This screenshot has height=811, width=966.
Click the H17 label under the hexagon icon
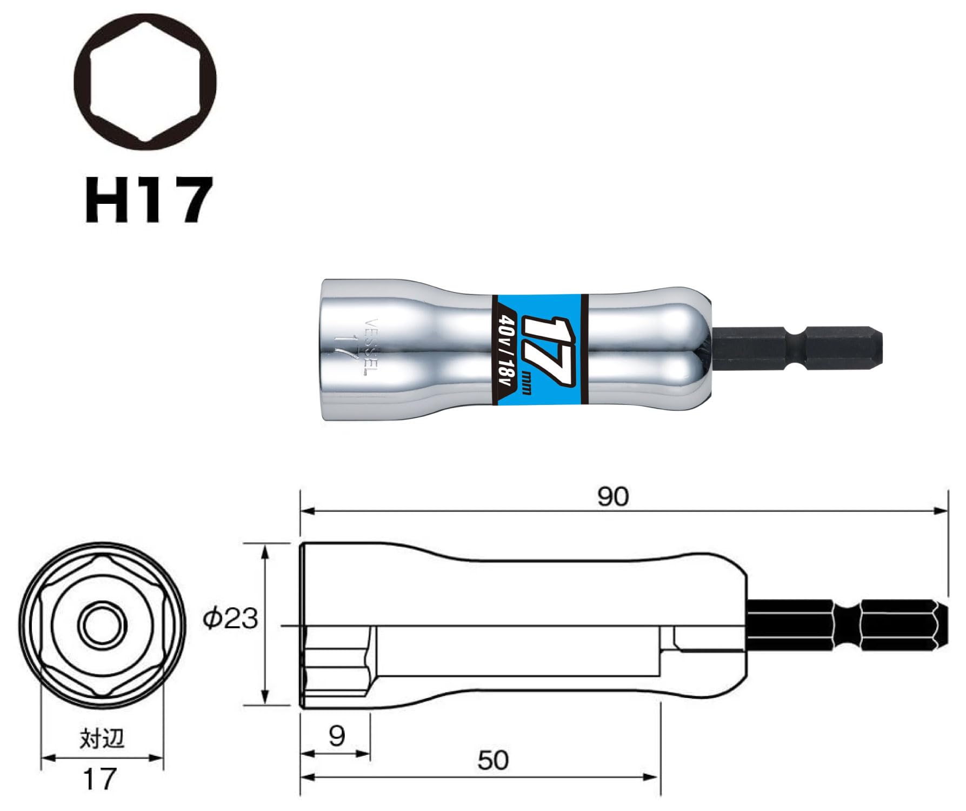(x=147, y=200)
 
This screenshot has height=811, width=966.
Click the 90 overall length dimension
(x=613, y=496)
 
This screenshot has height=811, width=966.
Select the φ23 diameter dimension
(x=231, y=618)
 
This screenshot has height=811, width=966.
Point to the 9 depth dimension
(x=336, y=735)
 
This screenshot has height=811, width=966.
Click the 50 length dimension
(x=493, y=760)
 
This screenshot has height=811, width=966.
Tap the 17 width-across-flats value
(x=100, y=779)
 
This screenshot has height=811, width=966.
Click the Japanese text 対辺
(x=102, y=738)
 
